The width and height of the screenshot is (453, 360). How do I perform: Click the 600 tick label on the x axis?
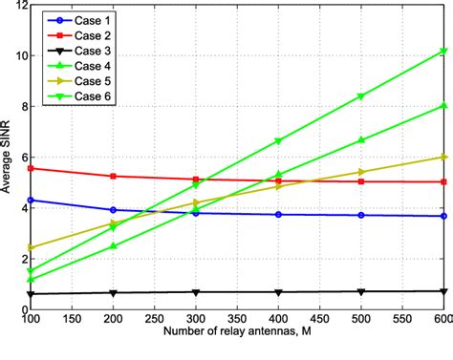442,318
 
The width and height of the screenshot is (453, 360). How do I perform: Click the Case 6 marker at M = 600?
442,51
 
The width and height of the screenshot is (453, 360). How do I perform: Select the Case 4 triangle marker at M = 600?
442,106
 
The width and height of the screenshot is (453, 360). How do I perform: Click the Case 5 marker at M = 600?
442,157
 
